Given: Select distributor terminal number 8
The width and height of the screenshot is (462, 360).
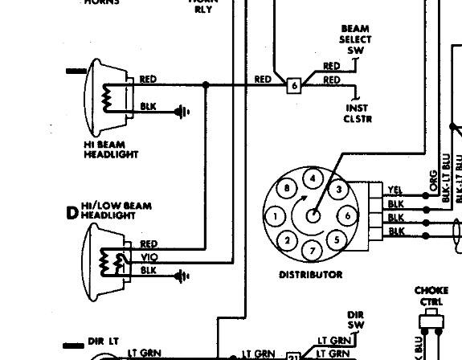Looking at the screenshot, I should (287, 190).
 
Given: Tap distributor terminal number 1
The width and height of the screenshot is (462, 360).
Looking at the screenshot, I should (276, 216).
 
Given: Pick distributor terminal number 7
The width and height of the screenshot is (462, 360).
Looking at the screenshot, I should (313, 252).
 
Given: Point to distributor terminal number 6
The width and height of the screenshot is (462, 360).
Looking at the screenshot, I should (348, 216).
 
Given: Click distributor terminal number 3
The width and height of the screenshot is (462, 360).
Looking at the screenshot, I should (339, 190).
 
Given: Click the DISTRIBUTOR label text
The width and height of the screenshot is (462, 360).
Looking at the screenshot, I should (310, 275).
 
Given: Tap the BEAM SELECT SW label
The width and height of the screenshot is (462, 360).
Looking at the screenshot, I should (355, 39).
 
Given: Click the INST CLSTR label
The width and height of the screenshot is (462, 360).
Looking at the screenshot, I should (358, 113).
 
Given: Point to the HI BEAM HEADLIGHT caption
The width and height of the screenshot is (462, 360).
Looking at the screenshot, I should (111, 149).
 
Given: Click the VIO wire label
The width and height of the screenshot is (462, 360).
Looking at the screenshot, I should (149, 257).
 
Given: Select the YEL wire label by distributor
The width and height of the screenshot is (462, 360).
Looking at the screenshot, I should (395, 190).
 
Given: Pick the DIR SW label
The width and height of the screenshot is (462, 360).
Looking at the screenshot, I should (356, 319).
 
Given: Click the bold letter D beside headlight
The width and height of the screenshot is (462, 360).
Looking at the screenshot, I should (72, 213).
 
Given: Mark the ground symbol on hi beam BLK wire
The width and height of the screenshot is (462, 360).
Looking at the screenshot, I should (183, 112).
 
